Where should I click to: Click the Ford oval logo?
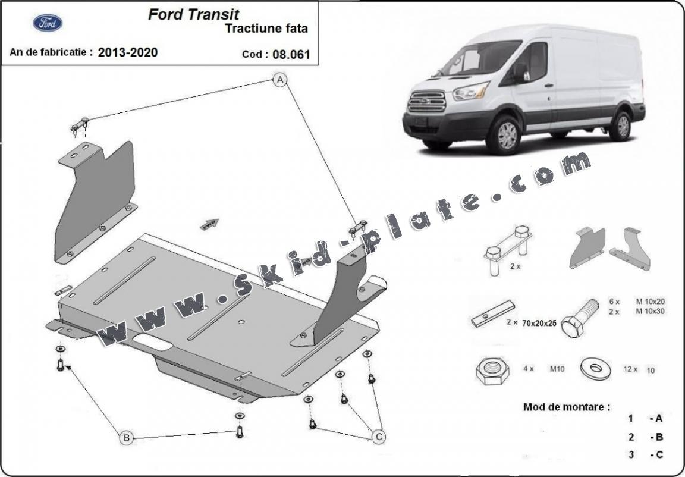pos(48,23)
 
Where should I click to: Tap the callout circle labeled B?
pos(126,438)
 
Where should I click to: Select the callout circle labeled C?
pos(378,437)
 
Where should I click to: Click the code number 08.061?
pos(292,54)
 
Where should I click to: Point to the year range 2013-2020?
pos(128,52)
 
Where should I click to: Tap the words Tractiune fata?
pos(266,28)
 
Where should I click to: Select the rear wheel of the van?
pos(622,125)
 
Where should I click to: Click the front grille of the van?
pos(426,101)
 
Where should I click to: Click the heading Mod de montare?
pos(566,407)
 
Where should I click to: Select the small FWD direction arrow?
pos(210,224)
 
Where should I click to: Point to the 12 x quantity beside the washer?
pos(630,369)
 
